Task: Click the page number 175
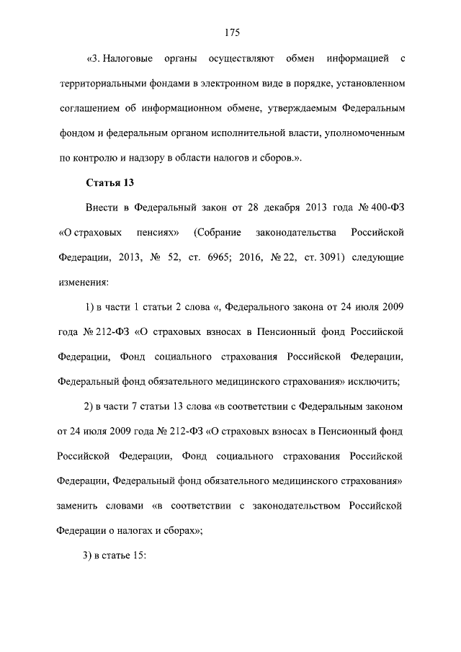coord(230,32)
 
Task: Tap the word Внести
coord(102,208)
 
